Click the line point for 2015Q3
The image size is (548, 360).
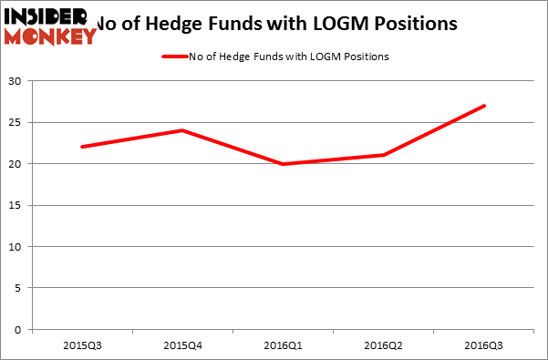pyautogui.click(x=82, y=147)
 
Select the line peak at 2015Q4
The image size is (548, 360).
pyautogui.click(x=182, y=130)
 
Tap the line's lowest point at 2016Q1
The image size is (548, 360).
pyautogui.click(x=283, y=164)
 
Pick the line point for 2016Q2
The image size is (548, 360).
pyautogui.click(x=383, y=155)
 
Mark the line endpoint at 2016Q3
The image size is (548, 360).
pyautogui.click(x=483, y=106)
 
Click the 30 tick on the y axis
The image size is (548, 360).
pyautogui.click(x=18, y=81)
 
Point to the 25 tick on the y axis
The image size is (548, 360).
pyautogui.click(x=18, y=122)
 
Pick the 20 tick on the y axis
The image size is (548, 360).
pyautogui.click(x=18, y=164)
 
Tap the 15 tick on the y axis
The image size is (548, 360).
pyautogui.click(x=18, y=205)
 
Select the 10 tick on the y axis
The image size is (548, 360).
pyautogui.click(x=18, y=247)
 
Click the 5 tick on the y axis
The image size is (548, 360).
pyautogui.click(x=21, y=288)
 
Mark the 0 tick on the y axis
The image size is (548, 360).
pyautogui.click(x=21, y=330)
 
